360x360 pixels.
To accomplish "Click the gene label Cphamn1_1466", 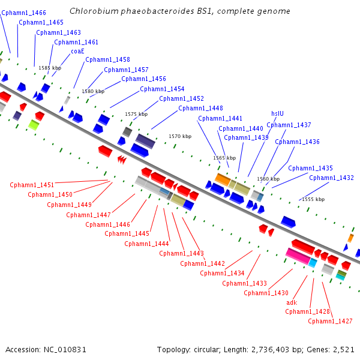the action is (23, 13).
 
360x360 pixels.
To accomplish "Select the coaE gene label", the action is (77, 51).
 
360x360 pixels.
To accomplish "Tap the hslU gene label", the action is (277, 113).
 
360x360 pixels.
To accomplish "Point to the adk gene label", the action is (292, 302).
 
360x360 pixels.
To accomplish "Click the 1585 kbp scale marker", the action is (50, 68).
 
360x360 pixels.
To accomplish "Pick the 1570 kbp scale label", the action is (180, 136).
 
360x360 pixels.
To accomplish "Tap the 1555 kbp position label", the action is (313, 199).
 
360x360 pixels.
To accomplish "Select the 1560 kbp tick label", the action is (268, 179).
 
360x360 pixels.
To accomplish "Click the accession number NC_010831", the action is (65, 350).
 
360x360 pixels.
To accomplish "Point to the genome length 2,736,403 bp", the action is (277, 350).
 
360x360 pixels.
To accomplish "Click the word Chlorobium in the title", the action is (94, 11).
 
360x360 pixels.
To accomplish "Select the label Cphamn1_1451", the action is (32, 185).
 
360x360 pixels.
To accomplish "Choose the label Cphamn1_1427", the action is (330, 321).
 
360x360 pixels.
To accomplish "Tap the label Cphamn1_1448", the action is (200, 108).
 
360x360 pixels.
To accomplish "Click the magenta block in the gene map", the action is (298, 256).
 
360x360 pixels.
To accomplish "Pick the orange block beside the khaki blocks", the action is (223, 179).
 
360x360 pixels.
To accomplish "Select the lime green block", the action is (34, 125).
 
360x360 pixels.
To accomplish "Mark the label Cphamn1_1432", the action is (331, 178).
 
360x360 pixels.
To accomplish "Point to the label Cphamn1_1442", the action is (202, 263).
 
